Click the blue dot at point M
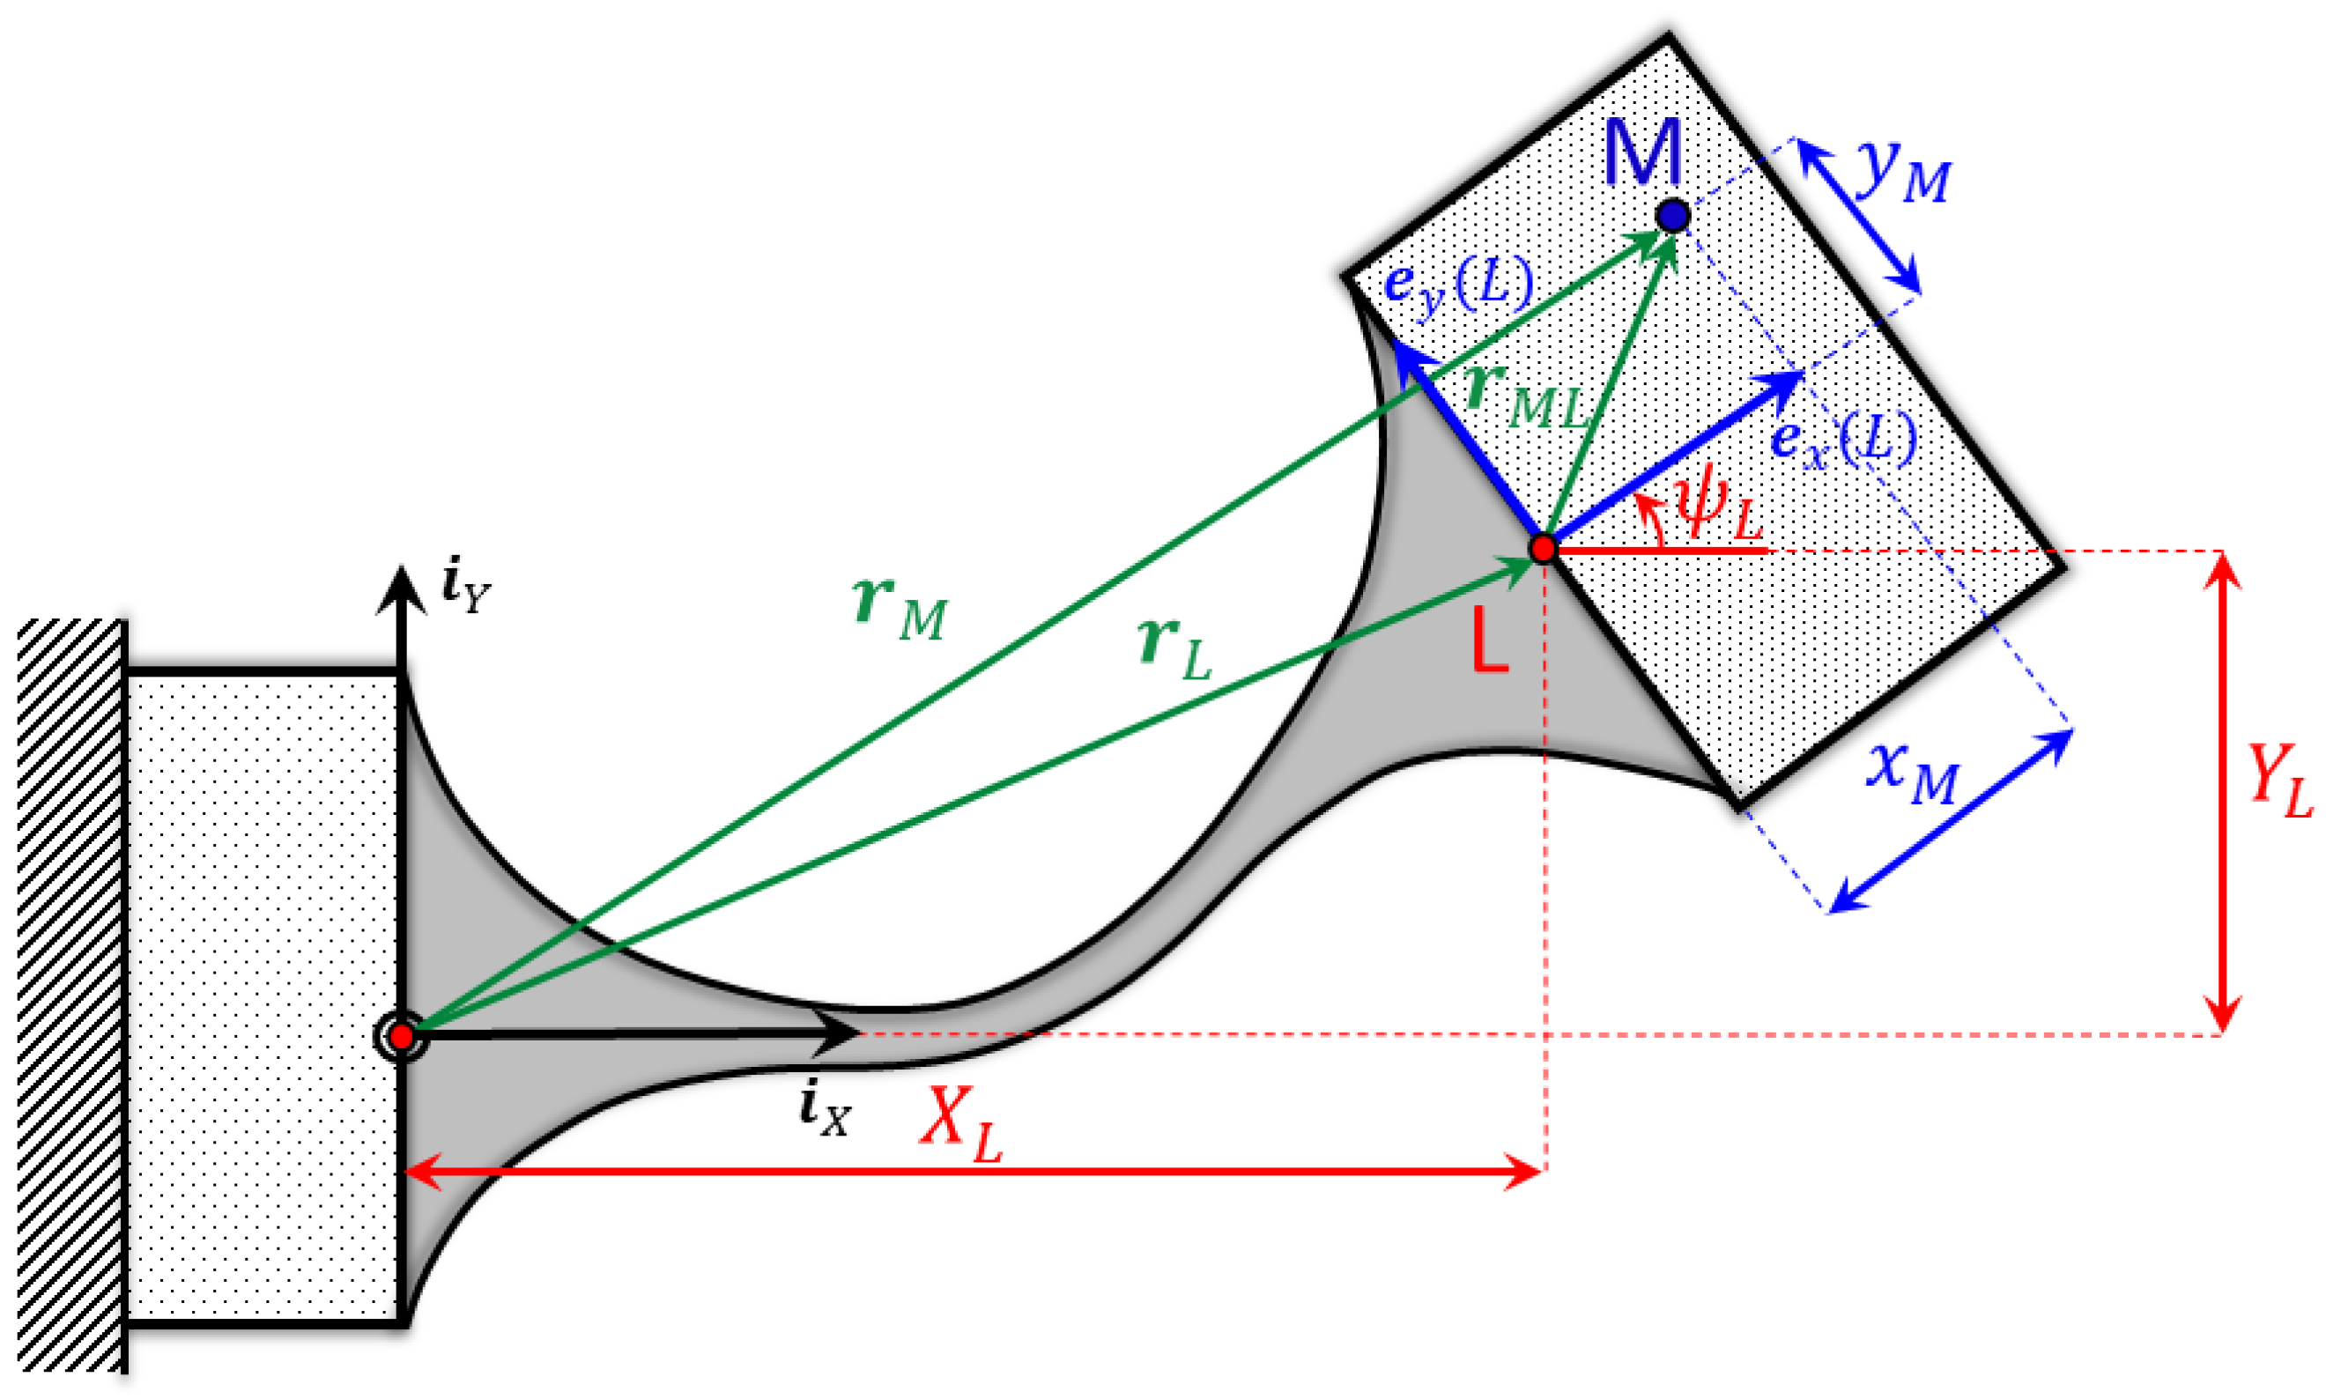tap(1672, 216)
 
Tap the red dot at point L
tap(1543, 548)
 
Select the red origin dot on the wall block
tap(402, 1037)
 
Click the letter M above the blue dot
tap(1642, 152)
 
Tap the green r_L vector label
tap(1174, 648)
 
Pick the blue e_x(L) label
tap(1843, 440)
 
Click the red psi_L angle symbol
tap(1716, 510)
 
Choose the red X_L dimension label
tap(959, 1126)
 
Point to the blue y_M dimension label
tap(1903, 173)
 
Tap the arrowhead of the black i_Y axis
tap(402, 589)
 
